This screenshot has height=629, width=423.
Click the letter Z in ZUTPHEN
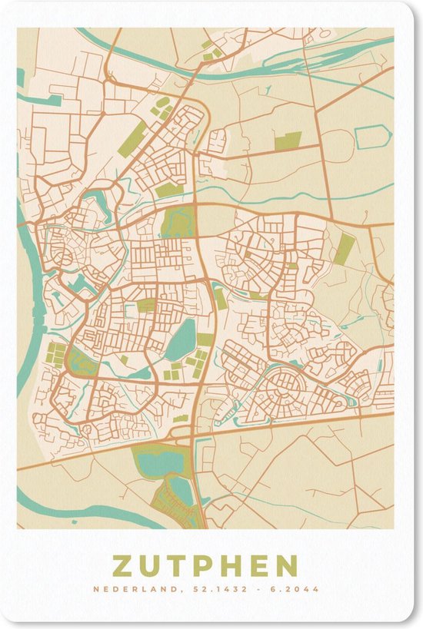tap(125, 566)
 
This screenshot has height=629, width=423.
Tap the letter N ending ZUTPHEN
tap(286, 566)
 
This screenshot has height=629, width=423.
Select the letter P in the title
tap(205, 566)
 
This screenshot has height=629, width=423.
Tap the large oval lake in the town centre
tap(181, 339)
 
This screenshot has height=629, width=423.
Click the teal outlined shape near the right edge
tap(373, 137)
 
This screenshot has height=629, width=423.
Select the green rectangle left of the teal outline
tap(288, 141)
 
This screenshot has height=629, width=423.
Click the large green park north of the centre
tap(178, 222)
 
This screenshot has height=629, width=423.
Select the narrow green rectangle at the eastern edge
tap(345, 248)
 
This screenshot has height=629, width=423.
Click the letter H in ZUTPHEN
tap(231, 566)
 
